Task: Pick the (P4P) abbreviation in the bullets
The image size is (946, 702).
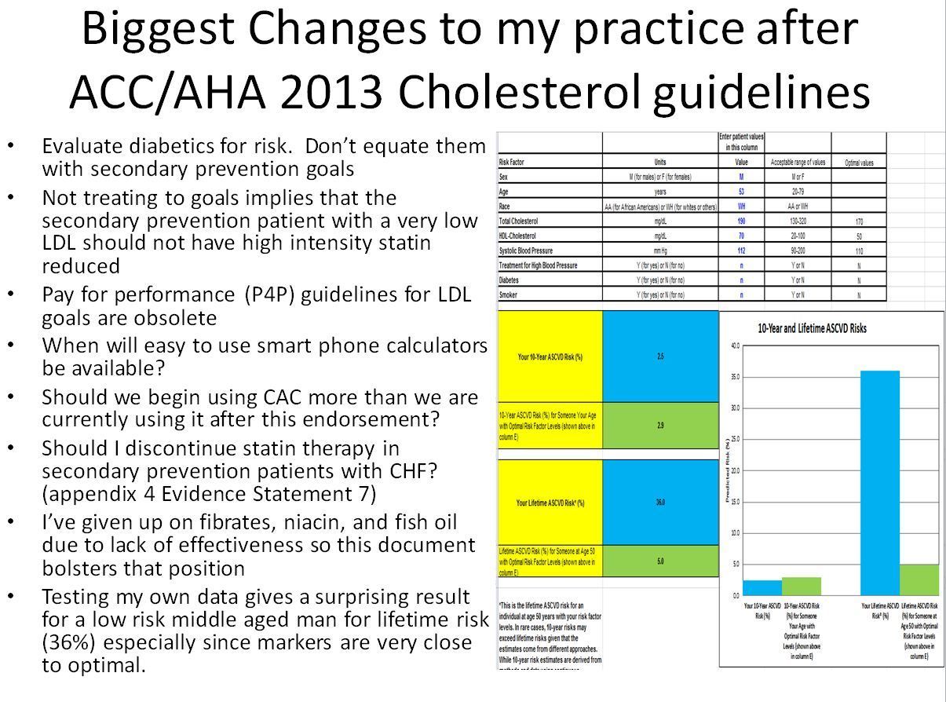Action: click(267, 294)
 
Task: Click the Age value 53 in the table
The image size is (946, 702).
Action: click(740, 191)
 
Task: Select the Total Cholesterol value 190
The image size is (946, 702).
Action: click(740, 221)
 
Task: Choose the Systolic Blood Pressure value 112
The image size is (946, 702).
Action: click(740, 251)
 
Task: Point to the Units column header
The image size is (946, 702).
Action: click(659, 163)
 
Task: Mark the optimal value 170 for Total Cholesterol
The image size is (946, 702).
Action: click(859, 222)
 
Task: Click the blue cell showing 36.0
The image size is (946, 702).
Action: click(660, 503)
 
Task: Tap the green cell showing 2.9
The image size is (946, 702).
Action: click(660, 424)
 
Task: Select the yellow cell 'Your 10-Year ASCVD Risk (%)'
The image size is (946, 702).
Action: click(550, 356)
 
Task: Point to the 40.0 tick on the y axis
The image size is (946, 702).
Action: click(734, 346)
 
